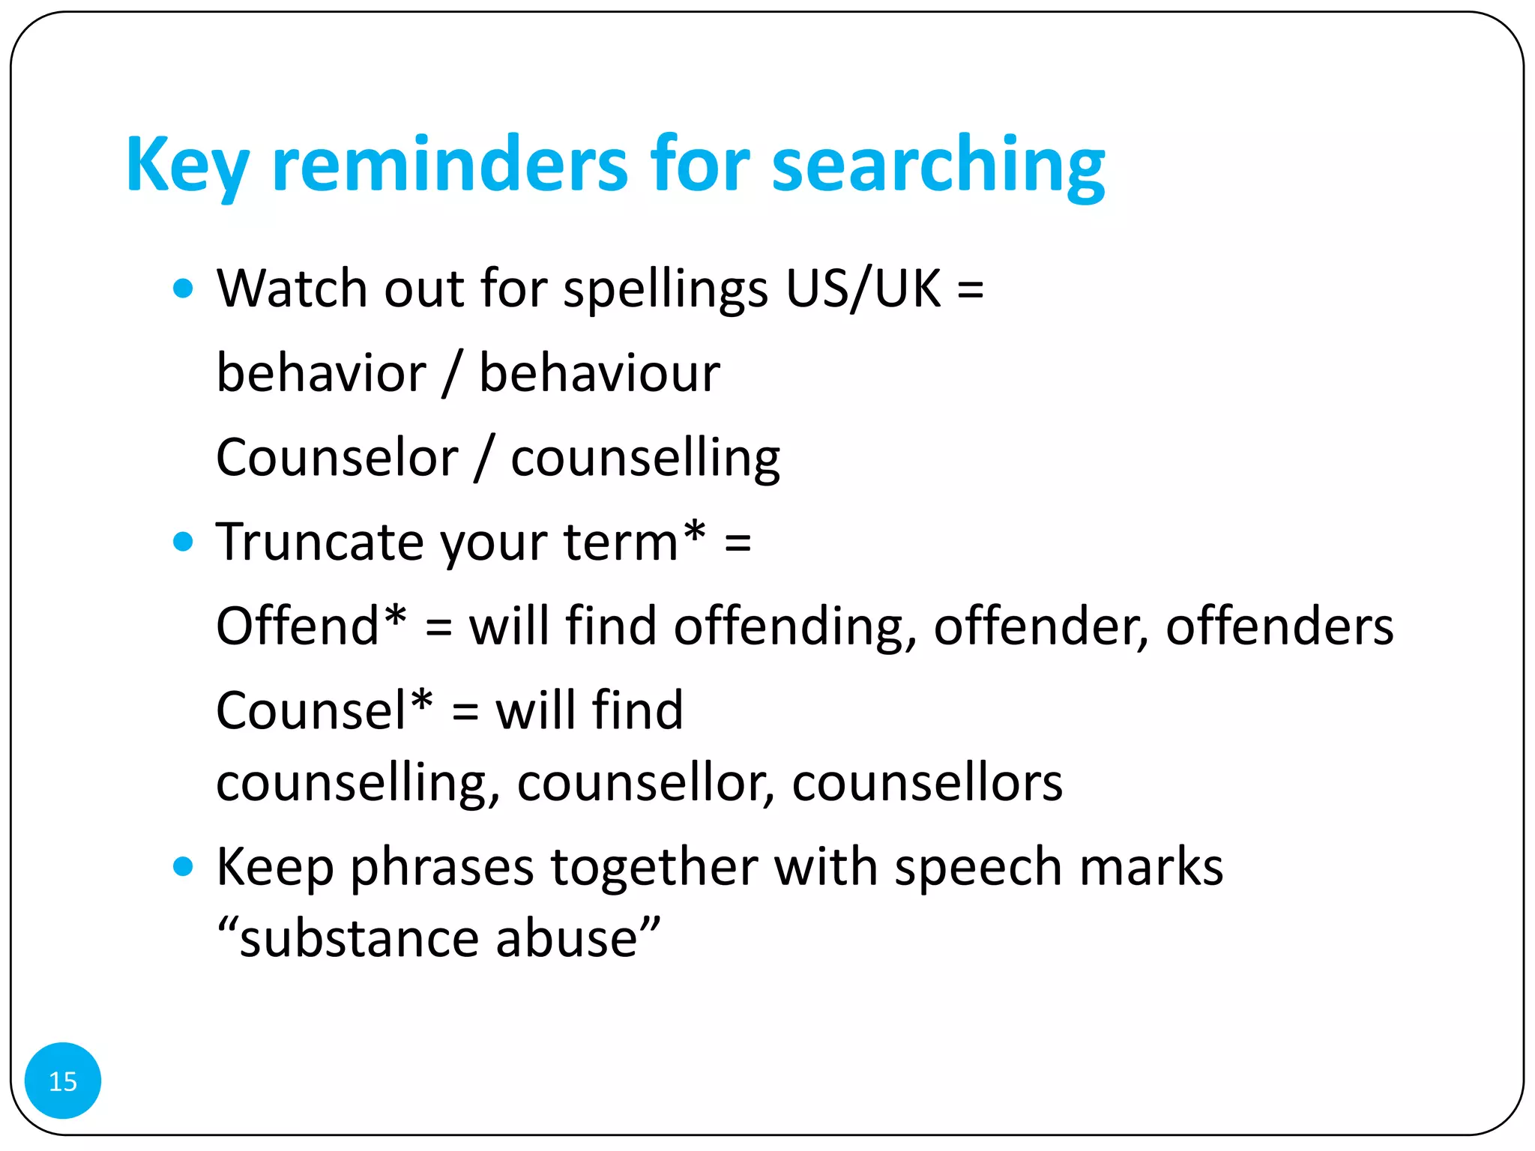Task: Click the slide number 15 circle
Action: [63, 1081]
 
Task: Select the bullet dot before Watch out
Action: [183, 288]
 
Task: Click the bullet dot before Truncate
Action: [183, 541]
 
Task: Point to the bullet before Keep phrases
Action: [183, 867]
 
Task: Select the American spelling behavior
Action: [321, 373]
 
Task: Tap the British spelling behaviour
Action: [600, 373]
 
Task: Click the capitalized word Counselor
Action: [337, 458]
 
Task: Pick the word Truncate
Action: [320, 542]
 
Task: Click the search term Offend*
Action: [311, 626]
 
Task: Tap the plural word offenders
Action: [1279, 626]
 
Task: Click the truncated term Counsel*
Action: [324, 710]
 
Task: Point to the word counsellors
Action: [927, 783]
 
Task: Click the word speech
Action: [978, 868]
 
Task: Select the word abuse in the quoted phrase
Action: [577, 939]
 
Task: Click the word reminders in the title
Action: [450, 165]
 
